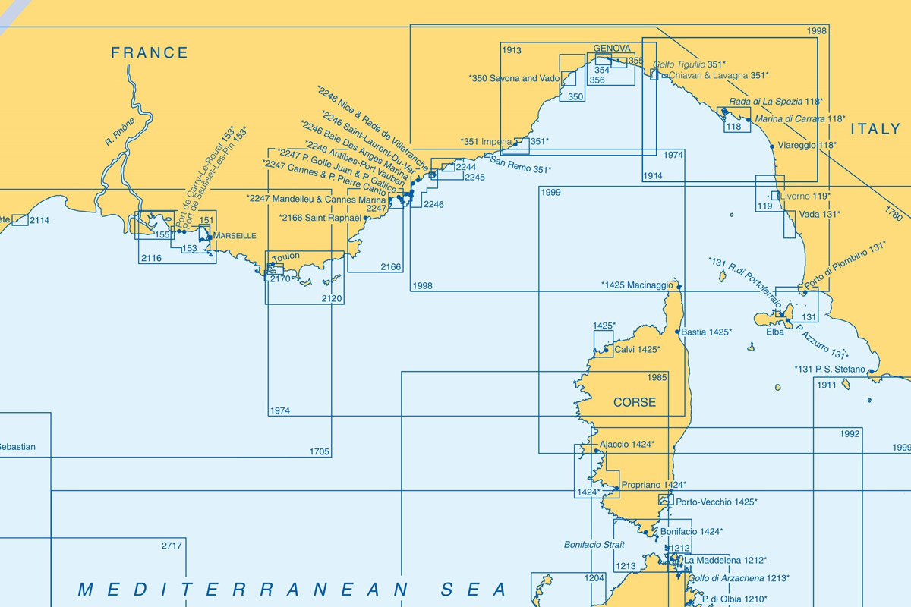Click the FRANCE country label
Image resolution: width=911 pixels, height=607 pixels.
(x=150, y=53)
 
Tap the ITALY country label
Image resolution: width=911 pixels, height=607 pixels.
(x=875, y=130)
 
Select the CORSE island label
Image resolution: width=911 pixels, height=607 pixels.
(x=635, y=402)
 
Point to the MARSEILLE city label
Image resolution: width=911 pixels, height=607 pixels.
(x=235, y=236)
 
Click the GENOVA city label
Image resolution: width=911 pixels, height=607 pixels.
(x=612, y=49)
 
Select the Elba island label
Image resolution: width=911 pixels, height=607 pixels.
(x=774, y=332)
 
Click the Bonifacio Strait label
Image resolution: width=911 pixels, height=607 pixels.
(x=594, y=545)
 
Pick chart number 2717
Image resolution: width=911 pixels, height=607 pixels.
(x=172, y=546)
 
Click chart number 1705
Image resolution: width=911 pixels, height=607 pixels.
(x=320, y=452)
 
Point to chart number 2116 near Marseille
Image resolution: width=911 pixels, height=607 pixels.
(x=151, y=259)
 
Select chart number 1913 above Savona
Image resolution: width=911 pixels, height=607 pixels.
(x=512, y=51)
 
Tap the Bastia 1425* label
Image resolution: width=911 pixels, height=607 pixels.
(x=706, y=332)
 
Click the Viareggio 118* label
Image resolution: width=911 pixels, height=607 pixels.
(x=807, y=145)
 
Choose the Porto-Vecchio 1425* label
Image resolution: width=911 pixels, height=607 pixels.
(x=716, y=502)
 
